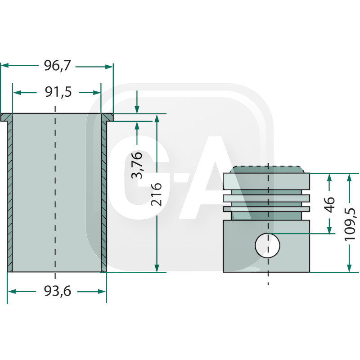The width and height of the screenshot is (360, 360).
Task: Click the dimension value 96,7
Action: click(x=57, y=66)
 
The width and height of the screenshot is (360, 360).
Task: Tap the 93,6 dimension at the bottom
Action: click(x=57, y=292)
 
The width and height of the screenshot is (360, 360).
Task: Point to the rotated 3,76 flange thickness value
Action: click(x=137, y=165)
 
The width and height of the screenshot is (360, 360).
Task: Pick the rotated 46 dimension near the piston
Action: click(x=330, y=204)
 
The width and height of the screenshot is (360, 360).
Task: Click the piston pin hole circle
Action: click(x=267, y=246)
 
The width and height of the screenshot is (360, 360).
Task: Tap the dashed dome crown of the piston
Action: click(x=267, y=170)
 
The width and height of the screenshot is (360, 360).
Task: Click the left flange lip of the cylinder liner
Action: click(x=5, y=117)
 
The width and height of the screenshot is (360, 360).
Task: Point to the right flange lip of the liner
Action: click(x=108, y=117)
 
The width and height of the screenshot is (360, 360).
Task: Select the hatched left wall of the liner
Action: click(x=9, y=193)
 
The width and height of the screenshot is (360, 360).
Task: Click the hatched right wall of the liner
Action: click(x=104, y=193)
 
